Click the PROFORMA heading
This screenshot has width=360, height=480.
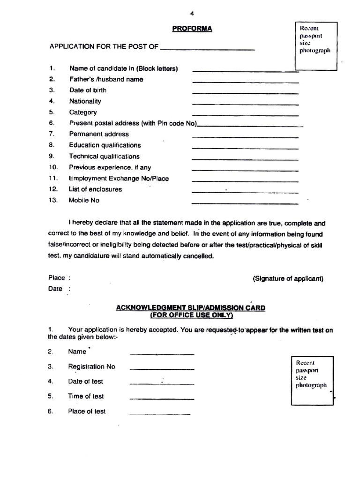[192, 29]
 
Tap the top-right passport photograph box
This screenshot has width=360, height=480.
[315, 45]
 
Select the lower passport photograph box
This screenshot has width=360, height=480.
[312, 380]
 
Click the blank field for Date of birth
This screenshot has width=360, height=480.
[245, 93]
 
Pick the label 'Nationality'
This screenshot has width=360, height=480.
[85, 101]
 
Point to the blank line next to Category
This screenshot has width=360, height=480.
[245, 115]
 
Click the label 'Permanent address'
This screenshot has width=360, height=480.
[99, 134]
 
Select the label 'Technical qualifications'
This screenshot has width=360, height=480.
[104, 157]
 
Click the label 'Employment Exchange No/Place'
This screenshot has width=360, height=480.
[119, 179]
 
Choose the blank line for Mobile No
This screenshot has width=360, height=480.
[245, 203]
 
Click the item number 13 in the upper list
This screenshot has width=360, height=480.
[52, 201]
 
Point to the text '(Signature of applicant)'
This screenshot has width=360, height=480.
[288, 278]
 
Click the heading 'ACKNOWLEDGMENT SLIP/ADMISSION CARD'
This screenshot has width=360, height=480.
[190, 308]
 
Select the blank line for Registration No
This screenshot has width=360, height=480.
[162, 369]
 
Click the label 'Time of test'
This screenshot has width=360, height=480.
[86, 397]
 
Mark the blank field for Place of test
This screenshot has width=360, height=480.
[160, 414]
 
